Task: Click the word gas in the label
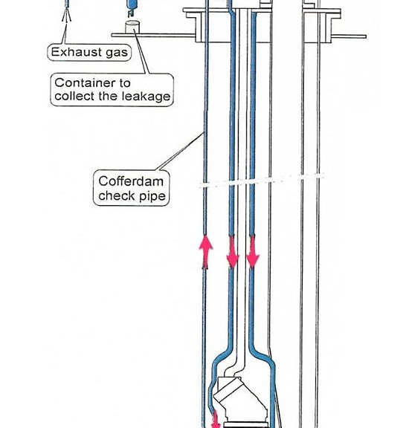117,53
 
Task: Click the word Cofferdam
131,181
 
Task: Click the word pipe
152,196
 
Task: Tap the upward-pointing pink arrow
206,252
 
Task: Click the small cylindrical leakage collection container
132,27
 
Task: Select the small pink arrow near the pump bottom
216,419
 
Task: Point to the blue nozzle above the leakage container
132,7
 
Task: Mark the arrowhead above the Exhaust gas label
66,15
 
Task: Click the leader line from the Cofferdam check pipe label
181,152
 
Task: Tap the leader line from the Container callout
142,51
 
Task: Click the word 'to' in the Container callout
125,83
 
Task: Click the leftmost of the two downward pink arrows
233,252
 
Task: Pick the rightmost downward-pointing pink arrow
253,252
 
